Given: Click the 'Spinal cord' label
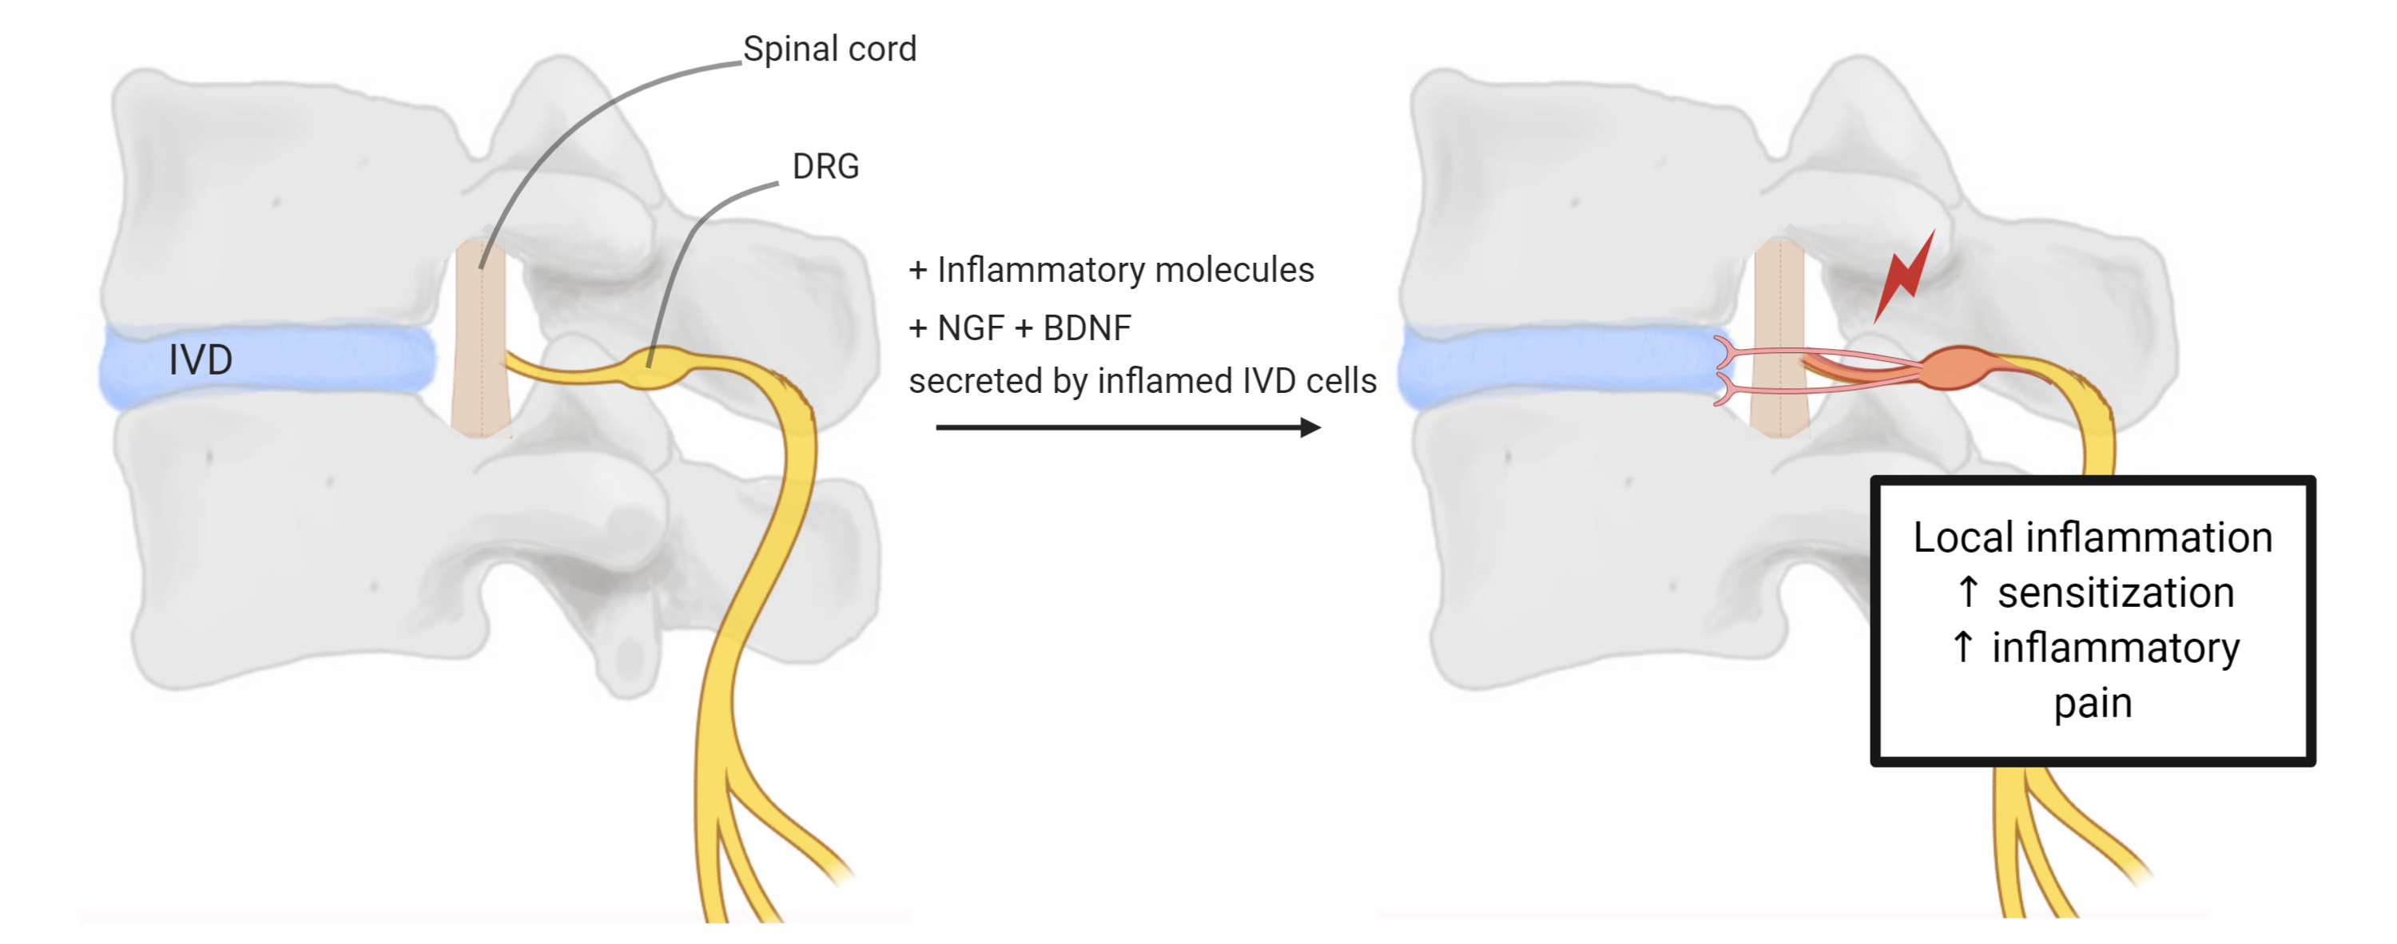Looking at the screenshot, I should pyautogui.click(x=829, y=50).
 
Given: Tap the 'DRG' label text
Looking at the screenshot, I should pyautogui.click(x=825, y=166).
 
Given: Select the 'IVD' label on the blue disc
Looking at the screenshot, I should pyautogui.click(x=200, y=360).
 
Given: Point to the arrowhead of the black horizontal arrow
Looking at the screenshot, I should pyautogui.click(x=1311, y=428).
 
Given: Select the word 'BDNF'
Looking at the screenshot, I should pyautogui.click(x=1087, y=328).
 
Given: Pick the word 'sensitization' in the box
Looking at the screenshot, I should pyautogui.click(x=2115, y=593).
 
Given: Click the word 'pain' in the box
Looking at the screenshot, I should pyautogui.click(x=2093, y=703).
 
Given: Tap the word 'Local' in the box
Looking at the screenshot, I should pyautogui.click(x=1962, y=538).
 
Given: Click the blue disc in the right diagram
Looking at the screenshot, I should pyautogui.click(x=1554, y=367).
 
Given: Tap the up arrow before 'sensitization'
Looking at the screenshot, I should pyautogui.click(x=1968, y=593).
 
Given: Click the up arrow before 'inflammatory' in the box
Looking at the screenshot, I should pyautogui.click(x=1963, y=648).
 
